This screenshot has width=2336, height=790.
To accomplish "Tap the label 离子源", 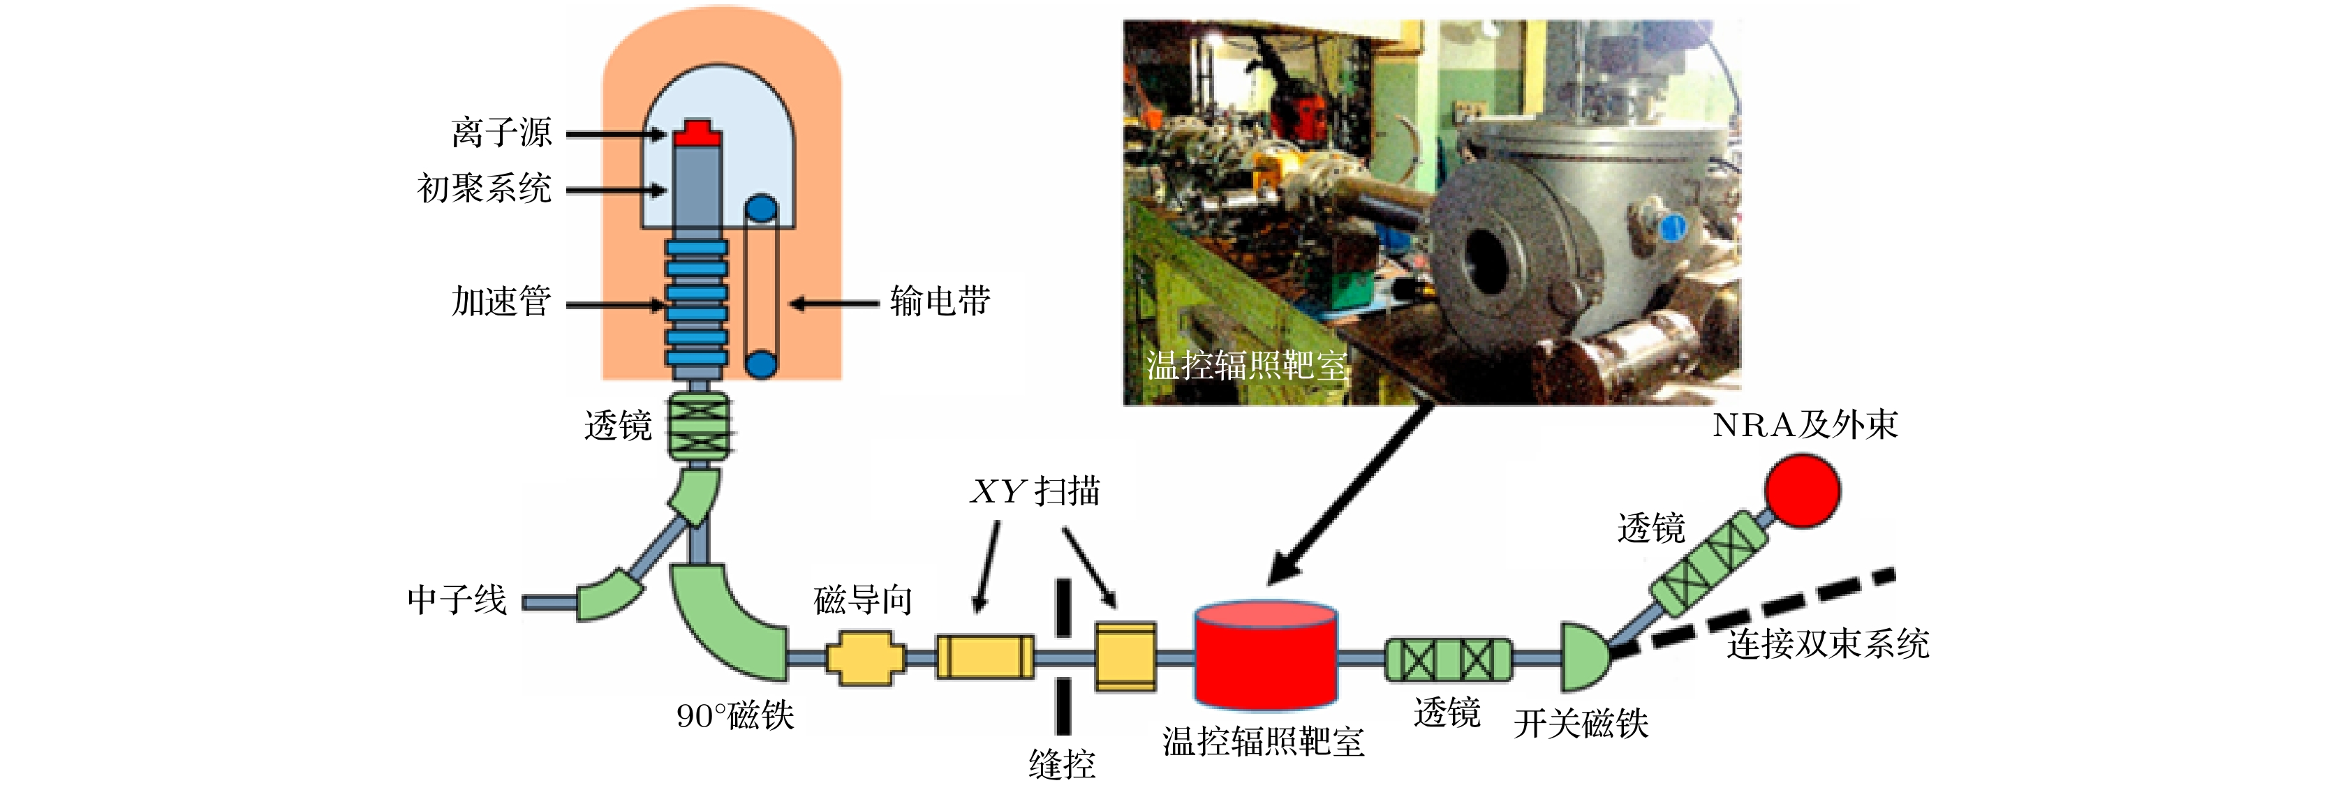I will click(x=501, y=133).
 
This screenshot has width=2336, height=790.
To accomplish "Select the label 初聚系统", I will click(x=485, y=188).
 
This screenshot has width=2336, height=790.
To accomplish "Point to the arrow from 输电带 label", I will click(x=834, y=303).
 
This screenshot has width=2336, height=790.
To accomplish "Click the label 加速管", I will click(x=501, y=301).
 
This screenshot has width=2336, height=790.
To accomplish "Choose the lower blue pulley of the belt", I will click(x=761, y=364).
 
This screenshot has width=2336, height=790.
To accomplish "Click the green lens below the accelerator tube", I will click(x=698, y=426).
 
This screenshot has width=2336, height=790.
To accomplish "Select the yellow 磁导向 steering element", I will click(x=866, y=657).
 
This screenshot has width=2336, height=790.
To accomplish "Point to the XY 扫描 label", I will click(x=1035, y=491).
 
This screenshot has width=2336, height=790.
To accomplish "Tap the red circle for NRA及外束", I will click(x=1803, y=490).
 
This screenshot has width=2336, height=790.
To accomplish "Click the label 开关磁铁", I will click(x=1581, y=724).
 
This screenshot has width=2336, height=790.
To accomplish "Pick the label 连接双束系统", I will click(x=1827, y=644).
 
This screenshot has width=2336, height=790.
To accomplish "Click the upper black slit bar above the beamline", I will click(x=1063, y=608).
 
